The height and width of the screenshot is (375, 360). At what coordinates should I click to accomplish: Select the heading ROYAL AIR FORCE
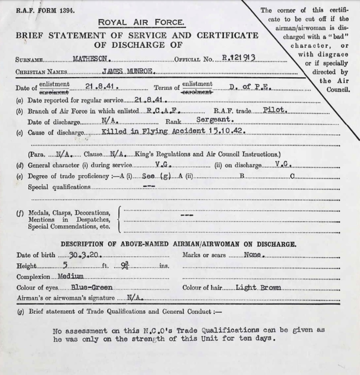[141, 23]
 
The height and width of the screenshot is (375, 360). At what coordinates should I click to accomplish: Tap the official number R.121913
[238, 58]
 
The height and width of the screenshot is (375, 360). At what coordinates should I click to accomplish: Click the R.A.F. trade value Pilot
[275, 110]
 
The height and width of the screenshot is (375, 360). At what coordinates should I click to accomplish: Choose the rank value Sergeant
[215, 121]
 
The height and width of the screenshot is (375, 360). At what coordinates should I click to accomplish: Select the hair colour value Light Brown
[259, 287]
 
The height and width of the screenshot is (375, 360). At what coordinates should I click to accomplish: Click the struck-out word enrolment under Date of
[54, 92]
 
